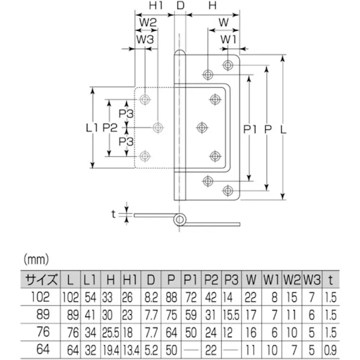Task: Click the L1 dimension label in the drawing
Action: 91,128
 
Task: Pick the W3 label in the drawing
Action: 145,39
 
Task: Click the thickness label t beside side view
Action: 114,214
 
